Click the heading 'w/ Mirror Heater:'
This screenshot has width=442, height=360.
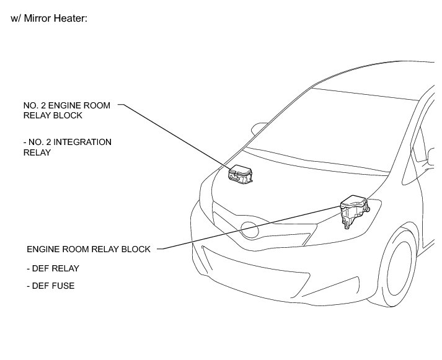[x=50, y=19]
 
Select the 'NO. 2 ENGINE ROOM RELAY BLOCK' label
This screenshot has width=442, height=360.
[x=67, y=110]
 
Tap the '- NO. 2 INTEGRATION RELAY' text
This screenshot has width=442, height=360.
[x=67, y=147]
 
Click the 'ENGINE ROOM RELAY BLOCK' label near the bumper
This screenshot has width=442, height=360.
[x=89, y=249]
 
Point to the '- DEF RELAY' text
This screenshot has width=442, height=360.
[x=53, y=268]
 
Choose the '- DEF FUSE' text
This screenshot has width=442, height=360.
[x=51, y=286]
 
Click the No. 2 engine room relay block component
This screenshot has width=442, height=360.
[x=240, y=174]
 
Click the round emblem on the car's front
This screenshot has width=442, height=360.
[x=250, y=230]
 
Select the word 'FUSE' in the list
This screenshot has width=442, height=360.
[x=63, y=286]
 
